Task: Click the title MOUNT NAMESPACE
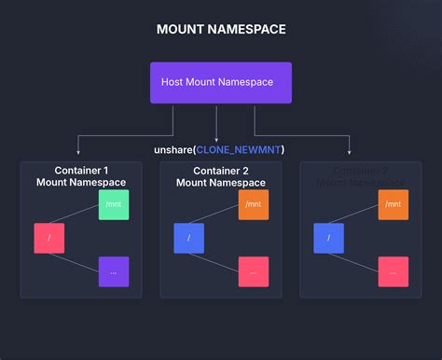tap(221, 30)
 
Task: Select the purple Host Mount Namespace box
tap(221, 83)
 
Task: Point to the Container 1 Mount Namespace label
tap(80, 176)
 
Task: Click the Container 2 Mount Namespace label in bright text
tap(220, 176)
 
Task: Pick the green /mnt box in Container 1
tap(113, 204)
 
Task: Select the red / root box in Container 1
tap(48, 238)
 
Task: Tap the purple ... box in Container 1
tap(113, 271)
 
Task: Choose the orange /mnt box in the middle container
tap(253, 204)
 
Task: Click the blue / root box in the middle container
tap(188, 238)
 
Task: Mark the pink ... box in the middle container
tap(253, 271)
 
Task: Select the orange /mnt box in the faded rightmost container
tap(393, 204)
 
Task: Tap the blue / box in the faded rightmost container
tap(329, 238)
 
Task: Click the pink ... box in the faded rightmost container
tap(393, 271)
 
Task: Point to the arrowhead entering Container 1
tap(80, 152)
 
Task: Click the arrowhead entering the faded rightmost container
tap(349, 152)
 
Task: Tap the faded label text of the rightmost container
tap(360, 176)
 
